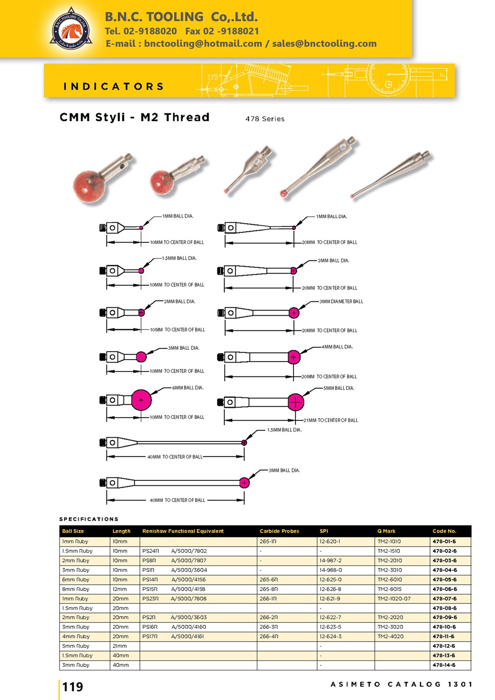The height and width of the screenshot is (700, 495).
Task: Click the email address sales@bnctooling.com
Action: (324, 44)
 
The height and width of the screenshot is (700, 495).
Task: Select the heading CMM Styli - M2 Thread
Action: (134, 117)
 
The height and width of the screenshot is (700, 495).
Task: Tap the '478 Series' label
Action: (265, 119)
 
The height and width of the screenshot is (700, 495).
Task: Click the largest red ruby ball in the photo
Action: (90, 187)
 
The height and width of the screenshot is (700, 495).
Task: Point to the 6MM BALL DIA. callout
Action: (188, 388)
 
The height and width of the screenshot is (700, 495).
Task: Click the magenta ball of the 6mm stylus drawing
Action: (141, 400)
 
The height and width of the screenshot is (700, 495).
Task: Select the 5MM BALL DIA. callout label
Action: (339, 388)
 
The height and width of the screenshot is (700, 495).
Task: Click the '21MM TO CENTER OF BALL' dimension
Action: (330, 420)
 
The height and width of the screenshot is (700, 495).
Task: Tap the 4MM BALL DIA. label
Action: (337, 347)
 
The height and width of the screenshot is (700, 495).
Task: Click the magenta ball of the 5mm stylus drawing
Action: (296, 402)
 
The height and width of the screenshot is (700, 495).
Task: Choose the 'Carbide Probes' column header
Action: (279, 531)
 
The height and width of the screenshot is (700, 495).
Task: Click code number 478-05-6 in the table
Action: (444, 579)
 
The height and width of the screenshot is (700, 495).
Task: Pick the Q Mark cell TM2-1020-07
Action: (394, 599)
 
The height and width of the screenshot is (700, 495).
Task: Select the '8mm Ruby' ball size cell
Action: (76, 589)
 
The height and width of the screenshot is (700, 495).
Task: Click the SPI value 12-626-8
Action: (330, 589)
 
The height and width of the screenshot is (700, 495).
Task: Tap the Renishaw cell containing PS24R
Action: (150, 551)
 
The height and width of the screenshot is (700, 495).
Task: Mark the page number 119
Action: (73, 687)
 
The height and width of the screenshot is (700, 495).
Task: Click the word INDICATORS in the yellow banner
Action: (113, 87)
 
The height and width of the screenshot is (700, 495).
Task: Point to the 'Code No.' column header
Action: (444, 531)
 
